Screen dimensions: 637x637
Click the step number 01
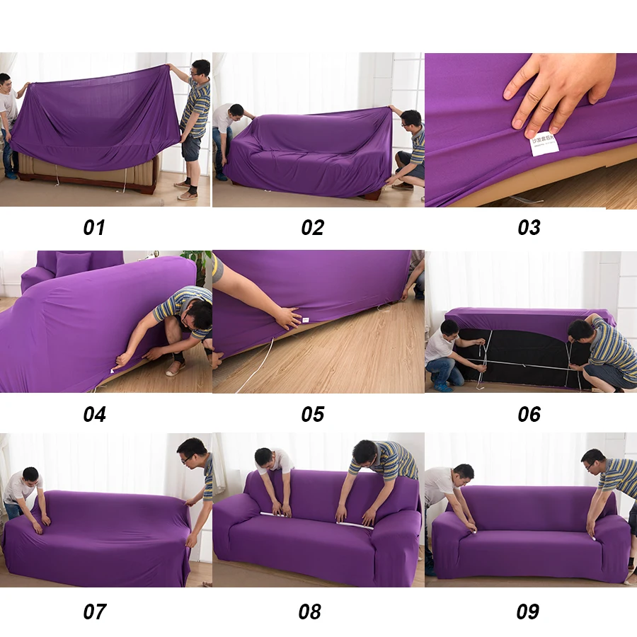(94, 227)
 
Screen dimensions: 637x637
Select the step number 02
(312, 227)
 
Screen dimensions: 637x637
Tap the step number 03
(529, 227)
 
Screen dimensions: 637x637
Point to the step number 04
(94, 414)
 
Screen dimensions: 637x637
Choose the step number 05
(312, 414)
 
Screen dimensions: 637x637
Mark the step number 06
(529, 414)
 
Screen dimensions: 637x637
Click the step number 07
(94, 611)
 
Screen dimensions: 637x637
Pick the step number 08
(309, 611)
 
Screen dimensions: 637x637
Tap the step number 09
(527, 611)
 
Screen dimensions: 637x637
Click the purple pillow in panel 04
(73, 264)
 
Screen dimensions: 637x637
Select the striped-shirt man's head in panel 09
(593, 458)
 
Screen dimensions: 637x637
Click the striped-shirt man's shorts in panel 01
(191, 147)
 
